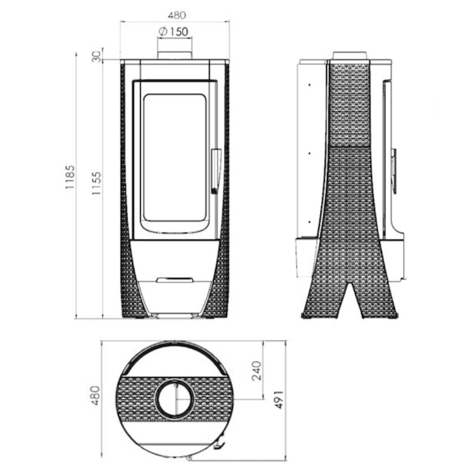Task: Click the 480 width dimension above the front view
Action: [174, 14]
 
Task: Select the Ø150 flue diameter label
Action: [174, 31]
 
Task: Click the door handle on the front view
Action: [215, 171]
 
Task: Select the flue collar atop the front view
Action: [175, 56]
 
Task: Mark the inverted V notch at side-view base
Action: [350, 300]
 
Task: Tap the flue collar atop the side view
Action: [350, 55]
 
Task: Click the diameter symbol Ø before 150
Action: [162, 31]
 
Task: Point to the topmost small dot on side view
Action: [308, 84]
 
